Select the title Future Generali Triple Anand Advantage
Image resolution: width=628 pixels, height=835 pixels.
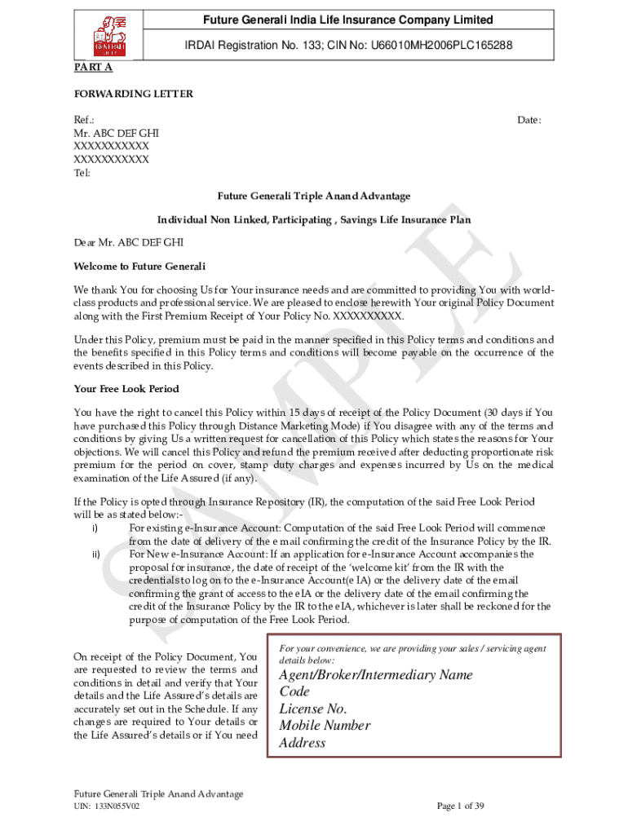(x=313, y=197)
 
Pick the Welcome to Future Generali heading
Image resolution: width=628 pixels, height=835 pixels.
(x=139, y=267)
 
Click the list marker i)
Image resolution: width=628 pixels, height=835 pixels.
(x=95, y=528)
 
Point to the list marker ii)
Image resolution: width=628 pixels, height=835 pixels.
(x=96, y=554)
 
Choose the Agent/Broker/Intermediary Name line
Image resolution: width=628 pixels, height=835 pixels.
(x=376, y=675)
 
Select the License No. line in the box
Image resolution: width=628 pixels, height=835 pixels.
(x=313, y=709)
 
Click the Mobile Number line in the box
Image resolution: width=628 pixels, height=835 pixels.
(x=325, y=726)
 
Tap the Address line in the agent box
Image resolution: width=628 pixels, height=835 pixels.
(x=303, y=743)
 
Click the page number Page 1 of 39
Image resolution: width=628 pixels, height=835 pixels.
(x=461, y=806)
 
